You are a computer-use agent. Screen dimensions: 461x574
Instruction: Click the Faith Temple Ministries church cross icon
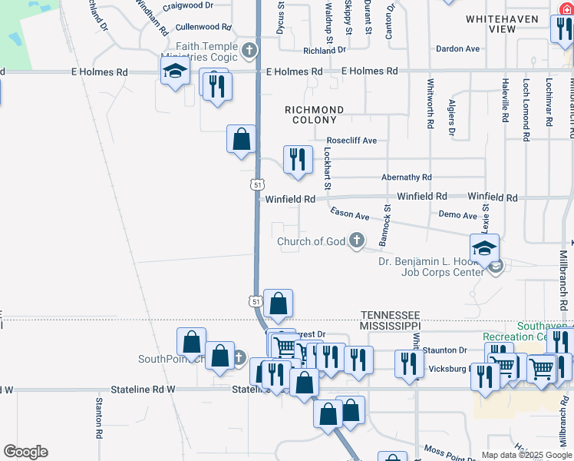pos(248,51)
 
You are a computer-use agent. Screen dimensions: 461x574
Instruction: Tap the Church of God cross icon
pos(356,241)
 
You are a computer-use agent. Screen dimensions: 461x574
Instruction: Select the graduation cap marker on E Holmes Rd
pos(176,71)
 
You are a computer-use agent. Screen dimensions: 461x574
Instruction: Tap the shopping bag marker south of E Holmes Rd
pos(241,139)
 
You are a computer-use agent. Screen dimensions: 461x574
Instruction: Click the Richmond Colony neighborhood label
pos(315,115)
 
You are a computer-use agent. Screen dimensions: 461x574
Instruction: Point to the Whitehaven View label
pos(491,23)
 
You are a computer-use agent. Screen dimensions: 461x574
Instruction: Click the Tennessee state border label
pos(391,316)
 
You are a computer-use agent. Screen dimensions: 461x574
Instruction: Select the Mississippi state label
pos(391,326)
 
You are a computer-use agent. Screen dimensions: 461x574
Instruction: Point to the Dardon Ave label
pos(457,48)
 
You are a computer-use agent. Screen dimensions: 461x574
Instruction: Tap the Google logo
pos(25,451)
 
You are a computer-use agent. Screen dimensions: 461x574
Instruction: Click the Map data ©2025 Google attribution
pos(526,455)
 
